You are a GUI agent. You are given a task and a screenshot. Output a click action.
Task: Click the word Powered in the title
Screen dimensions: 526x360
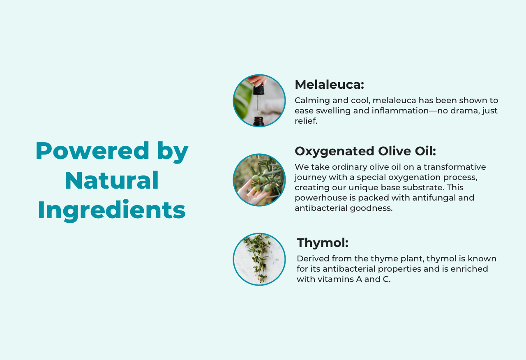click(92, 150)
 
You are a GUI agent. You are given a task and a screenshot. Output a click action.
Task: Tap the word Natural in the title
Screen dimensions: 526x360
click(112, 180)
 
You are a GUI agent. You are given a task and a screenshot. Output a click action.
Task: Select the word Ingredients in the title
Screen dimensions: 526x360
click(112, 210)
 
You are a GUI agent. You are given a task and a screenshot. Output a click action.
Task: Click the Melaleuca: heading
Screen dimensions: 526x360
click(329, 85)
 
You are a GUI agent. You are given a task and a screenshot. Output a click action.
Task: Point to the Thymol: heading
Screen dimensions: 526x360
click(323, 242)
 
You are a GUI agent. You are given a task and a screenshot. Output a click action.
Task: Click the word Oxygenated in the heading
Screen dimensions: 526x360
click(335, 152)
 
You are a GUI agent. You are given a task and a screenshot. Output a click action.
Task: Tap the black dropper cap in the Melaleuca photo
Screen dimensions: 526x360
click(258, 90)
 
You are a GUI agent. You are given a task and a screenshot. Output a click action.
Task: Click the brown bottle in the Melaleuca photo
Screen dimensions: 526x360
click(258, 121)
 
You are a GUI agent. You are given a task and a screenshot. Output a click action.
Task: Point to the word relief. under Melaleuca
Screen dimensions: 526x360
click(306, 121)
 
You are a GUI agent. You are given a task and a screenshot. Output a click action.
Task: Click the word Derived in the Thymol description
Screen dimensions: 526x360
click(313, 258)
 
